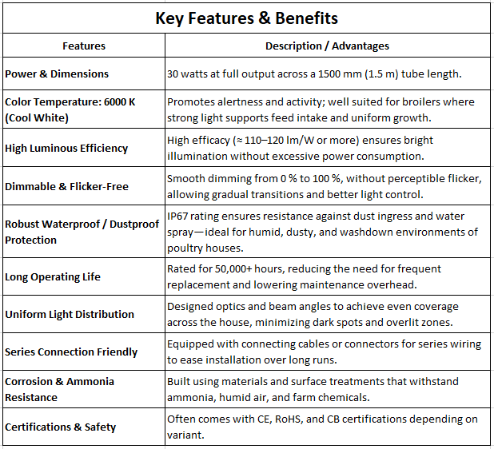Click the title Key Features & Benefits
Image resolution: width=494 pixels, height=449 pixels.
pos(246,18)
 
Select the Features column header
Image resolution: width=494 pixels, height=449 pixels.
pos(83,46)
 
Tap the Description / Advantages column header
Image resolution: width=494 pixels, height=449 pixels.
pos(327,46)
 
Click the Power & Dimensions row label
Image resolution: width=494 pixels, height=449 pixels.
pos(57,74)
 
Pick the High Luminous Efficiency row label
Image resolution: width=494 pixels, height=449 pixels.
pos(66,148)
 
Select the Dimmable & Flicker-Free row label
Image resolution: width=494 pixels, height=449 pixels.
pos(67,186)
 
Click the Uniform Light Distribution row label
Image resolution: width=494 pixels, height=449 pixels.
pos(70,315)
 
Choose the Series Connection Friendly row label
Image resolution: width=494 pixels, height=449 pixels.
pos(71,352)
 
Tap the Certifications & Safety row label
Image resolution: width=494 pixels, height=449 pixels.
pos(61,427)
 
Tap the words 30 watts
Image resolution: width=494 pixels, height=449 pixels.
pos(189,74)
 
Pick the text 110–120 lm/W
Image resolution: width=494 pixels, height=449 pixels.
pos(270,141)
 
